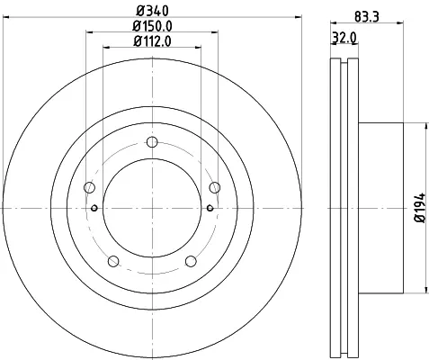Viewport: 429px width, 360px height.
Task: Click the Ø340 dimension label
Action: coord(152,12)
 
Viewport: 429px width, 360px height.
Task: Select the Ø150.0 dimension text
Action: coord(152,26)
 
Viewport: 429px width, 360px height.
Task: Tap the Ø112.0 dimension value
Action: coord(152,41)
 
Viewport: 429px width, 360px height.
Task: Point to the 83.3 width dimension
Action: coord(367,16)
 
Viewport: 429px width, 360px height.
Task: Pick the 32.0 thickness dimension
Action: coord(344,38)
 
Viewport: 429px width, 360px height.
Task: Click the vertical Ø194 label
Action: coord(420,208)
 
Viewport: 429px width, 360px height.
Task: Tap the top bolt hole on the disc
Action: coord(152,142)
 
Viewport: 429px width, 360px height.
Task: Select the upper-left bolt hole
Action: coord(89,188)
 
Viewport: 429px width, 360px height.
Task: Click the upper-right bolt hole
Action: coord(215,188)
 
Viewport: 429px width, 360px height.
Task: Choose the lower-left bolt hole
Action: coord(113,261)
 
